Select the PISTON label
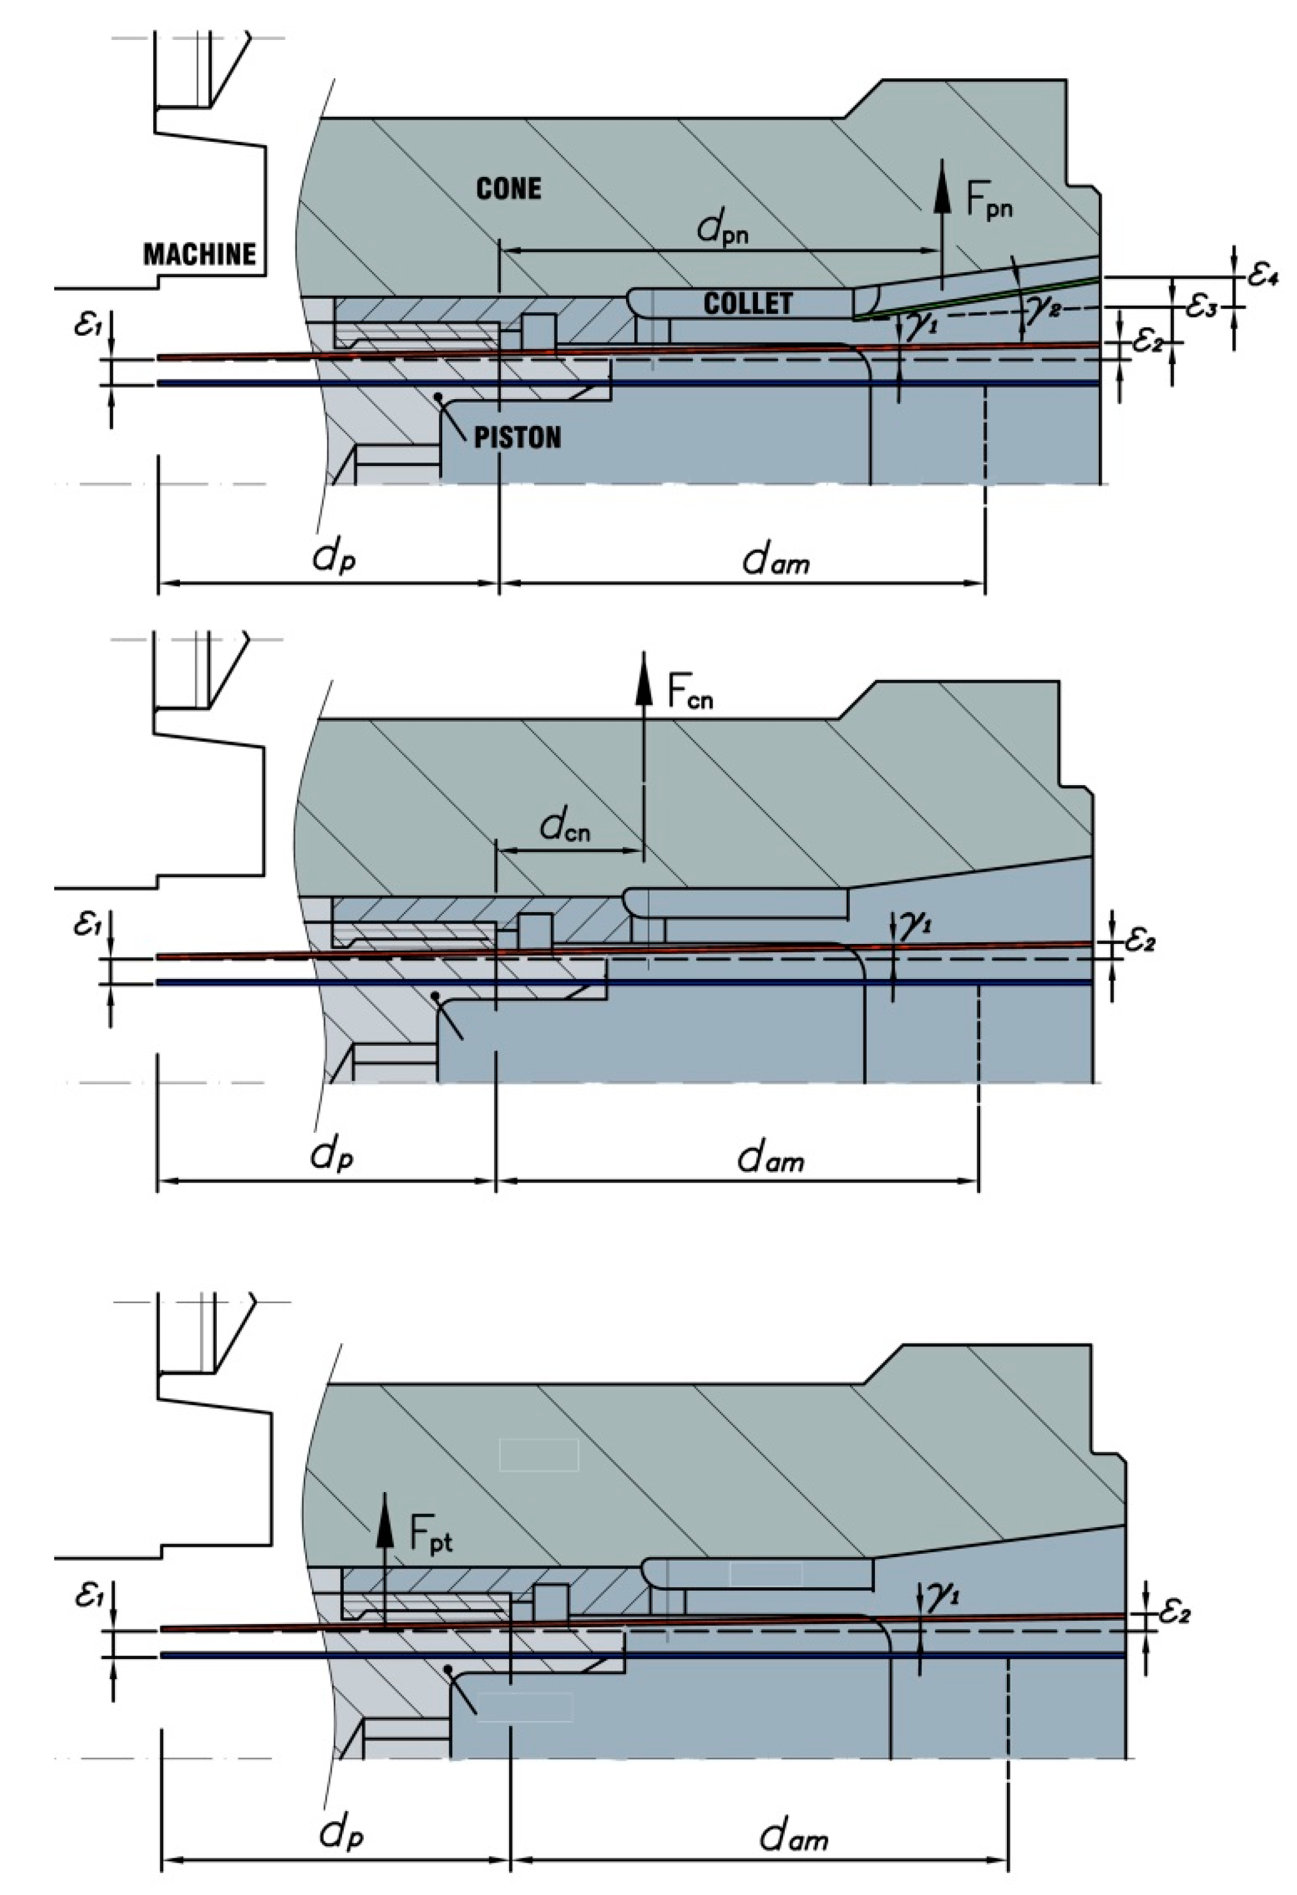[x=518, y=438]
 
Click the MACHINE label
[x=200, y=255]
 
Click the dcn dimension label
[x=565, y=828]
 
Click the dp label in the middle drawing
[x=332, y=1155]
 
